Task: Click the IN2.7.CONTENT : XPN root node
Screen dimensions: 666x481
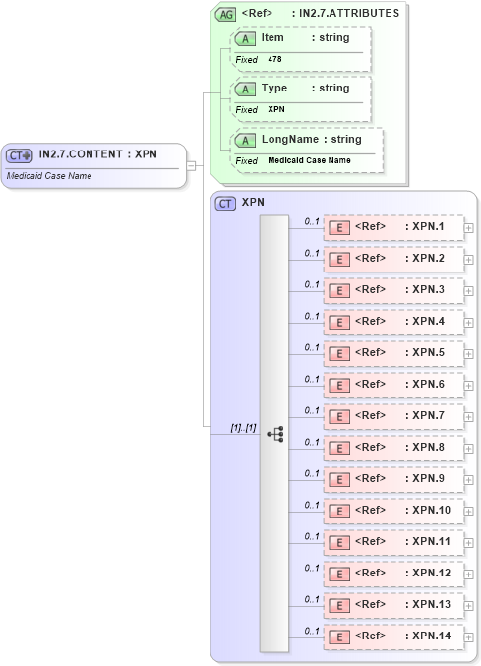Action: click(x=93, y=155)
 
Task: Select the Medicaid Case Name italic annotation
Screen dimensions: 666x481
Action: click(x=44, y=175)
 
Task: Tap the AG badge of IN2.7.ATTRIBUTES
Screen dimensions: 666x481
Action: click(x=226, y=15)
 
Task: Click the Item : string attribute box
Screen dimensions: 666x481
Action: click(x=300, y=37)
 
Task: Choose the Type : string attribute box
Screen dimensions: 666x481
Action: click(x=300, y=89)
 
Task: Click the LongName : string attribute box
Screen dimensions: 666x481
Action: click(x=306, y=140)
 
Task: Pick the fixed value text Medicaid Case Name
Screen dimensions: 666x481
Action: click(x=309, y=160)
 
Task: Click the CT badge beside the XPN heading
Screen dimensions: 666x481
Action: click(x=225, y=203)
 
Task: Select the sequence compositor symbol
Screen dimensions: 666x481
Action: click(x=274, y=433)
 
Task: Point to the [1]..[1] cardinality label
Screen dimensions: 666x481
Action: click(x=243, y=428)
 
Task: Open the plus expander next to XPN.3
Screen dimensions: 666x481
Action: click(x=468, y=291)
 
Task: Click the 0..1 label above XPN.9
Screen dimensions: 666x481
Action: click(x=312, y=473)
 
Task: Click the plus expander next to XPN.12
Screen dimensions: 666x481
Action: click(x=468, y=574)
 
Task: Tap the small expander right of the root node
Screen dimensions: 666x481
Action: click(x=191, y=165)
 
